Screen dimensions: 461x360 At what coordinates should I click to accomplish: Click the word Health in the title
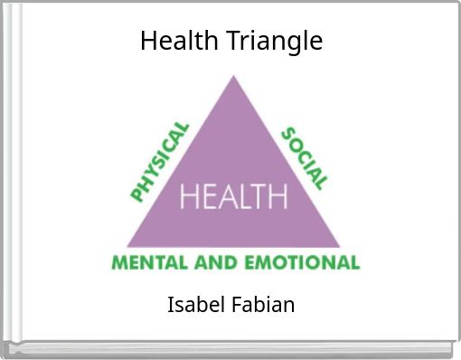click(x=179, y=40)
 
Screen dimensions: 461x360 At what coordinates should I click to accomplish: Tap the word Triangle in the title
click(x=274, y=43)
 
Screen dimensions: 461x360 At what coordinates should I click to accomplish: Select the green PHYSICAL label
click(x=160, y=162)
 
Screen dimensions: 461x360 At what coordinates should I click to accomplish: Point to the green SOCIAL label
click(x=305, y=158)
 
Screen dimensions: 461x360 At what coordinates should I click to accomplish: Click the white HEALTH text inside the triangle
click(x=234, y=196)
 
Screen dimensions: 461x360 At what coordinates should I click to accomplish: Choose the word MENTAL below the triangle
click(x=150, y=262)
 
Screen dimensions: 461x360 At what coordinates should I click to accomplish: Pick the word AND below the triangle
click(x=216, y=262)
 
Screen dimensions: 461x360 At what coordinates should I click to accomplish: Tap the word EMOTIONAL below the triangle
click(x=302, y=262)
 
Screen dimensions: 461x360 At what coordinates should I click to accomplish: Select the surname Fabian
click(x=263, y=304)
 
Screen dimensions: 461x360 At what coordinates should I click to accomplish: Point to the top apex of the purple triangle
click(x=233, y=76)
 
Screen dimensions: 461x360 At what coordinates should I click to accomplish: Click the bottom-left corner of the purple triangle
click(x=127, y=247)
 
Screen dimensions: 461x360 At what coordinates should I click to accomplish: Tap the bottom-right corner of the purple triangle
click(x=340, y=247)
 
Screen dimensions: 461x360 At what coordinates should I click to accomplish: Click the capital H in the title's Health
click(x=149, y=41)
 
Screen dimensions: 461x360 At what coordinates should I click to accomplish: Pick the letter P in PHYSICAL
click(x=137, y=194)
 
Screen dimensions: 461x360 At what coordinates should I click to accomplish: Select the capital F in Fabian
click(x=237, y=305)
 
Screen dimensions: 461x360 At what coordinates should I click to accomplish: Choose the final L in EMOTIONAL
click(x=354, y=262)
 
